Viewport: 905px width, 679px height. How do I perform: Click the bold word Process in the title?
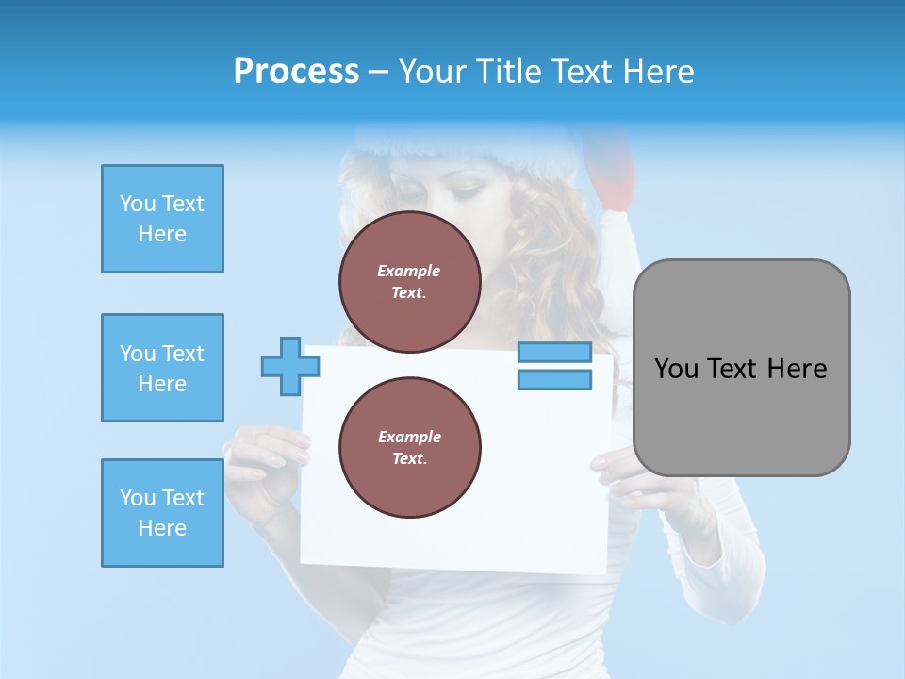[296, 72]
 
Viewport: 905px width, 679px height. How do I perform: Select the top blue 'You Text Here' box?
[162, 219]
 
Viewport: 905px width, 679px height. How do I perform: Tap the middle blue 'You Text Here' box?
[162, 368]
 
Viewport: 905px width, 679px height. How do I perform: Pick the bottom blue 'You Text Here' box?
[162, 513]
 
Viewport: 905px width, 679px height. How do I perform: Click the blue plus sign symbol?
[289, 366]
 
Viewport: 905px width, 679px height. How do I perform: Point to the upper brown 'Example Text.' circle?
[409, 281]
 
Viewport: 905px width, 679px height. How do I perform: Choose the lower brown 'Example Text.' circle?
[409, 447]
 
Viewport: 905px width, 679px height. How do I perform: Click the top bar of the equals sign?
[554, 353]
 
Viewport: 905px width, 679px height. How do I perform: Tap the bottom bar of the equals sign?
[554, 379]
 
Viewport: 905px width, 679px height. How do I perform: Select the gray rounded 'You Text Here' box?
[741, 368]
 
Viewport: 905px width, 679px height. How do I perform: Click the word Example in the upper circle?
[409, 271]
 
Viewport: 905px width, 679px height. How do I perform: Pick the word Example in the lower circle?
[409, 437]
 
